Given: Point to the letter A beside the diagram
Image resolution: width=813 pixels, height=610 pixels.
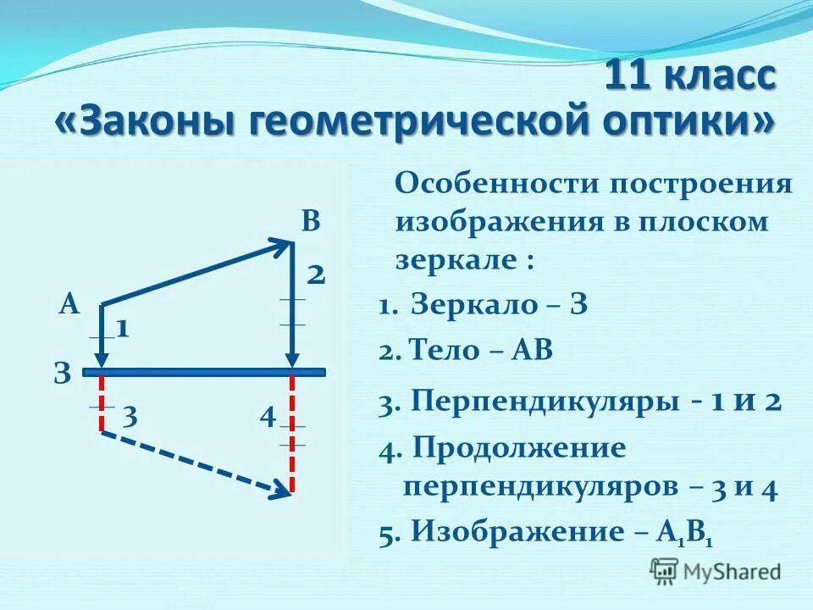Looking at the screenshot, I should pyautogui.click(x=69, y=305).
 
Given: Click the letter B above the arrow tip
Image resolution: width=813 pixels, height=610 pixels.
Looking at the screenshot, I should pyautogui.click(x=311, y=222).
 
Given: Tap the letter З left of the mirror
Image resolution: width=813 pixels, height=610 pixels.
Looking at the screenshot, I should pyautogui.click(x=62, y=373).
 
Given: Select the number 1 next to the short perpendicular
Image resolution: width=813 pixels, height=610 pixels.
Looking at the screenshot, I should pyautogui.click(x=122, y=329).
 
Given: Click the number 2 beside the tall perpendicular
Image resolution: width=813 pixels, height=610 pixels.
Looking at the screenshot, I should pyautogui.click(x=316, y=274).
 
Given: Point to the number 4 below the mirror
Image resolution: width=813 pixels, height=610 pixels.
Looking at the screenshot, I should pyautogui.click(x=268, y=417).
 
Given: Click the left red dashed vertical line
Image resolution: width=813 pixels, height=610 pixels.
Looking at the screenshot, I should pyautogui.click(x=102, y=403).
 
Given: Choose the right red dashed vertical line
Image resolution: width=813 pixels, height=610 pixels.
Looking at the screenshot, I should pyautogui.click(x=292, y=432).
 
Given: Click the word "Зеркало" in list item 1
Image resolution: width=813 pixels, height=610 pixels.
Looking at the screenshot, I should pyautogui.click(x=470, y=306).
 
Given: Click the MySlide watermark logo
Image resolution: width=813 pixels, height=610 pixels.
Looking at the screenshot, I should pyautogui.click(x=716, y=569).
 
